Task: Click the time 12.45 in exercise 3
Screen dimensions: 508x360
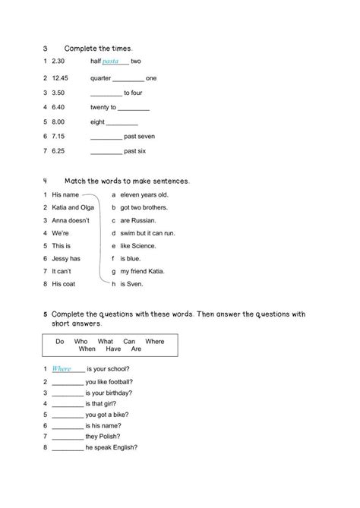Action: pos(60,77)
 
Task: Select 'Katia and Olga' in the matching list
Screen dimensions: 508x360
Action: pos(71,207)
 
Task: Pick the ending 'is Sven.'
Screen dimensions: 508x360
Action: pos(131,284)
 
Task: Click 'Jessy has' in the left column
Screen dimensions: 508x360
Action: pos(67,258)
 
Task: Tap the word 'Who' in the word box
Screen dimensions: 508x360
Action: pos(81,342)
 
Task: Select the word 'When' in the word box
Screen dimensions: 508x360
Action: pos(87,349)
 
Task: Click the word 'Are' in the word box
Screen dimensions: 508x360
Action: pos(136,349)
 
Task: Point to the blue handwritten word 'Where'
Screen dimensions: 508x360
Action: pos(62,368)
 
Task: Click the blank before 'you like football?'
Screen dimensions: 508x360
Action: pos(68,381)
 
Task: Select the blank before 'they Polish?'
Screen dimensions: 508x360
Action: pos(68,437)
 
